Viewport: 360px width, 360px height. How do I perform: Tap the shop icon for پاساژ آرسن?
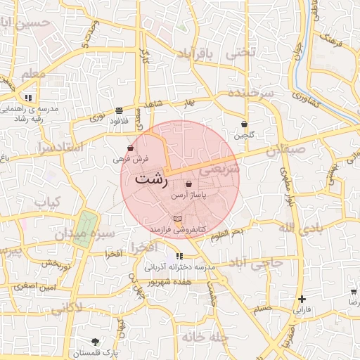point(188,184)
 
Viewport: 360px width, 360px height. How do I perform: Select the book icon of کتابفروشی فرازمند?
point(176,220)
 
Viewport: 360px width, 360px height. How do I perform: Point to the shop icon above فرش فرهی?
point(131,148)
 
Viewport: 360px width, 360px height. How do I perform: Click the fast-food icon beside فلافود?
point(118,110)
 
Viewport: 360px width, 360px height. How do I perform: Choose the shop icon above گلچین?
point(244,124)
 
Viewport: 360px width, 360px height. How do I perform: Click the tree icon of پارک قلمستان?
point(95,342)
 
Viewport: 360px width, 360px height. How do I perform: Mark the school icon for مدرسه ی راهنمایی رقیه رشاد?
point(28,98)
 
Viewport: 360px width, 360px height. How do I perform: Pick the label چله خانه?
point(205,337)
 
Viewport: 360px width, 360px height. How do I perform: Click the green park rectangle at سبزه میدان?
point(84,229)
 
